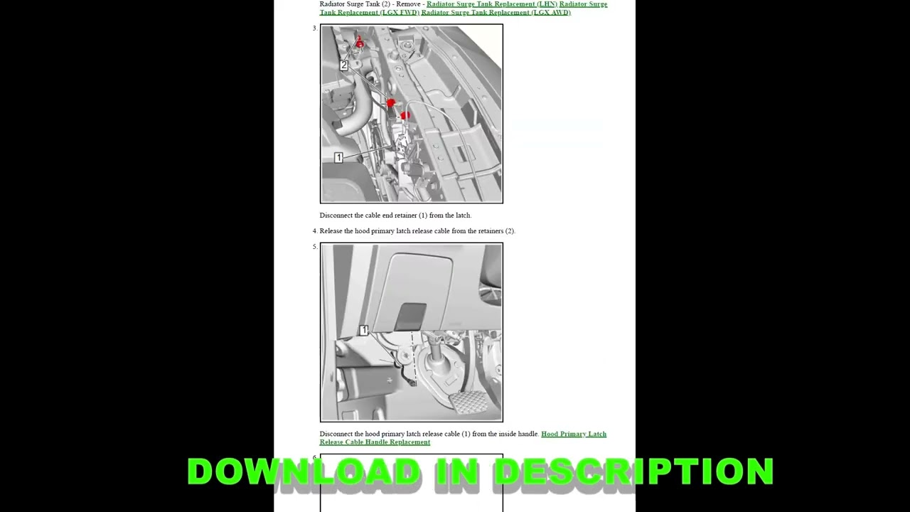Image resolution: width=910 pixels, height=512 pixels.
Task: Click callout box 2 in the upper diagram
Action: [343, 65]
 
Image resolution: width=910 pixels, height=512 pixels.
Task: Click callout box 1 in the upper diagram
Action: [338, 157]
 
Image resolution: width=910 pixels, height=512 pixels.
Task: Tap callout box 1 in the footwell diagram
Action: [363, 331]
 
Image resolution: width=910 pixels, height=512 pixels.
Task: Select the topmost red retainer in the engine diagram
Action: [359, 43]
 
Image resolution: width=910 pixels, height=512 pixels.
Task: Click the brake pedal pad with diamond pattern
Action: [469, 402]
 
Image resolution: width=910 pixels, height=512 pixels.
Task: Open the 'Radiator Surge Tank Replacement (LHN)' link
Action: [491, 4]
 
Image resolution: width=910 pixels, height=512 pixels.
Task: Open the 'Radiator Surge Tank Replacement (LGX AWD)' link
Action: [496, 12]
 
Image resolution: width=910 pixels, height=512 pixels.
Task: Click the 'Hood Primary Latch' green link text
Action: [573, 434]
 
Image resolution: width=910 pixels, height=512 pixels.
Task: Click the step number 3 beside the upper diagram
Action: [314, 28]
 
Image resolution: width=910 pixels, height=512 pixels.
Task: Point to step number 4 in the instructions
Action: [314, 231]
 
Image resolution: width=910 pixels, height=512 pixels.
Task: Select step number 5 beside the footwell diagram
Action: [314, 247]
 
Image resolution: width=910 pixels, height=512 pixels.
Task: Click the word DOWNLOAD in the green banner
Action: [304, 471]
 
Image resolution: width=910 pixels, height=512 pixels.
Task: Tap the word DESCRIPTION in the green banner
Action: [633, 471]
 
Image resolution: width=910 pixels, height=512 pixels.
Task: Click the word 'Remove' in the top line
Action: [408, 4]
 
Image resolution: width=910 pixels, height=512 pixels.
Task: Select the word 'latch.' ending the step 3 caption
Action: [461, 215]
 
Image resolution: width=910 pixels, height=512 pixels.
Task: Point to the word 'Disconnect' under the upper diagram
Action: [336, 215]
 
